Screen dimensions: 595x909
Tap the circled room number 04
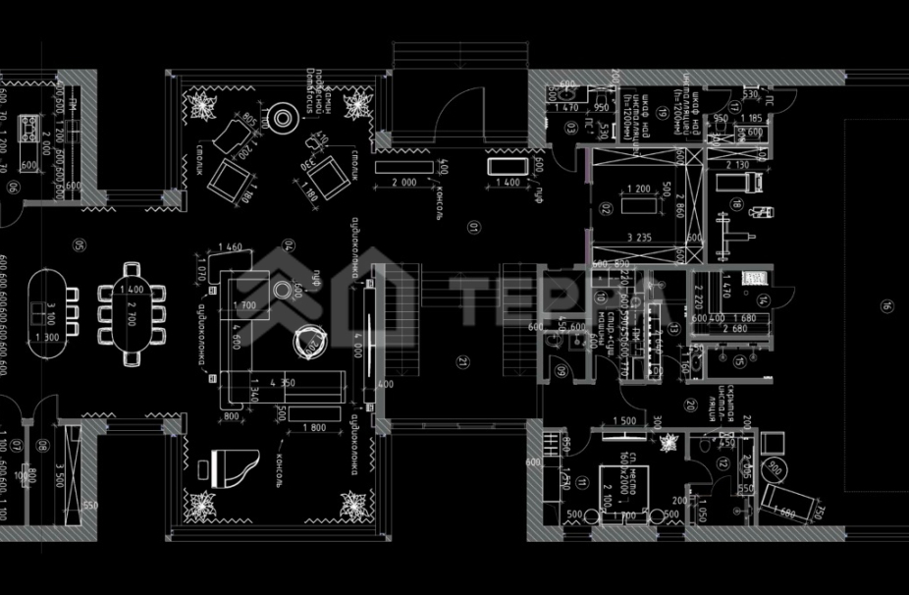pos(290,244)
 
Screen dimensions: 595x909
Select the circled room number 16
pos(884,303)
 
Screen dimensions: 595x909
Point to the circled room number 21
pos(462,361)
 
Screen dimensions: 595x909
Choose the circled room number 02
pos(607,209)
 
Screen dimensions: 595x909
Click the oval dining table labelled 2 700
pos(132,312)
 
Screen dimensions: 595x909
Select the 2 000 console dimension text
pos(408,184)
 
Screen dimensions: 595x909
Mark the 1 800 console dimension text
pos(313,427)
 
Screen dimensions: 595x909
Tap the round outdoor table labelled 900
pos(777,466)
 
